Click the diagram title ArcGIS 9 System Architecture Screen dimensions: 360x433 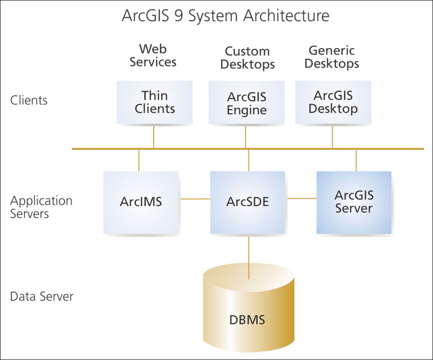point(225,16)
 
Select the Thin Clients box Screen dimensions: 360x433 point(154,102)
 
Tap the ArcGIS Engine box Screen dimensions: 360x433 point(247,103)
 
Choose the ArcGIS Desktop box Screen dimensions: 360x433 point(333,102)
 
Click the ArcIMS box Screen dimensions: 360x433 point(141,202)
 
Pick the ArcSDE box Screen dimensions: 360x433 point(248,202)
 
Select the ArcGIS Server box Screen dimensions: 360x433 point(354,202)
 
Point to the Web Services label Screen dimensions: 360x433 point(153,55)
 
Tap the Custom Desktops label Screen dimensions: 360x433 point(247,58)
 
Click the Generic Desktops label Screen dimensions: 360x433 point(331,56)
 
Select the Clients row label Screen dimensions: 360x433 point(29,100)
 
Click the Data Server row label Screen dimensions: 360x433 point(42,296)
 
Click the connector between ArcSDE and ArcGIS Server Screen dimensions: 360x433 point(302,198)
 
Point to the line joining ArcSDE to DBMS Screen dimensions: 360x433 point(249,256)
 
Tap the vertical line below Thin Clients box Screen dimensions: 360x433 point(154,136)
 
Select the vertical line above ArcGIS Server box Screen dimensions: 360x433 point(356,160)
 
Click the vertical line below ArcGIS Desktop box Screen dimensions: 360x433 point(332,135)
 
